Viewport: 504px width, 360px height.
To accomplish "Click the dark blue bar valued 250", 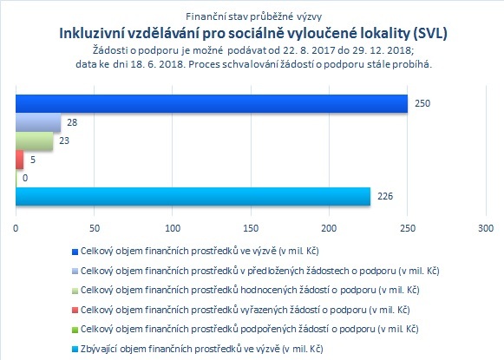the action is (212, 104).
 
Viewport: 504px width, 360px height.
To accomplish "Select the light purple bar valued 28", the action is (38, 122).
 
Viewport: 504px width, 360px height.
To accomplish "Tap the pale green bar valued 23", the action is (35, 141).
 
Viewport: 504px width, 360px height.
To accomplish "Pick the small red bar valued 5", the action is (20, 160).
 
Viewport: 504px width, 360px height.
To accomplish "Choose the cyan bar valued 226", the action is (193, 196).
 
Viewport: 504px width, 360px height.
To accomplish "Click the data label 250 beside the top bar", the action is (422, 103).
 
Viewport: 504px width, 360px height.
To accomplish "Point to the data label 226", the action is (385, 196).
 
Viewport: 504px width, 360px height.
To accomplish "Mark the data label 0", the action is (25, 178).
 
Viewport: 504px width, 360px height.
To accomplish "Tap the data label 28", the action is (72, 122).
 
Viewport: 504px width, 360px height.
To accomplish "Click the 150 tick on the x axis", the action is (251, 228).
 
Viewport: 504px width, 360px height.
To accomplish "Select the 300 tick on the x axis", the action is (486, 228).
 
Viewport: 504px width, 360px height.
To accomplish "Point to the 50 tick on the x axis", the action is (95, 228).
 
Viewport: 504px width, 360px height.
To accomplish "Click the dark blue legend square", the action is (75, 252).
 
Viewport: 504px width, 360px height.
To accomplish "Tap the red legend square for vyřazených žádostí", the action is (75, 311).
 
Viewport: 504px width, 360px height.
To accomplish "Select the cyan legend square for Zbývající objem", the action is (75, 350).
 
